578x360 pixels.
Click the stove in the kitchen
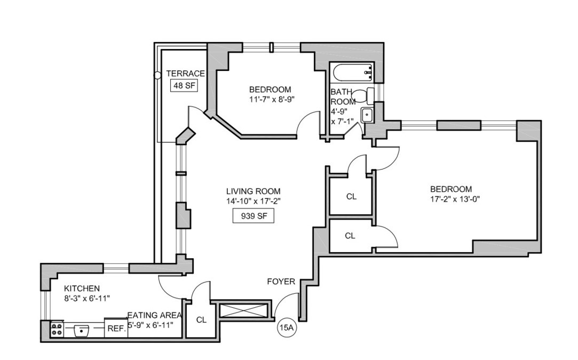click(x=57, y=329)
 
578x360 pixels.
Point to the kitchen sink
click(x=82, y=330)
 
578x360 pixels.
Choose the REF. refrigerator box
click(x=116, y=329)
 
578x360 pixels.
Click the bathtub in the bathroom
click(x=352, y=70)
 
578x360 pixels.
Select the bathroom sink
click(x=367, y=115)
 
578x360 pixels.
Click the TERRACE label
click(x=185, y=74)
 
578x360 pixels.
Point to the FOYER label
click(x=281, y=281)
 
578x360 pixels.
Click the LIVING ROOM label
click(x=253, y=191)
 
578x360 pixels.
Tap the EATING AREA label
click(x=155, y=315)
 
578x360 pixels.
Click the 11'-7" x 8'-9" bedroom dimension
click(x=272, y=99)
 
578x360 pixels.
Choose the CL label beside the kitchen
click(x=201, y=320)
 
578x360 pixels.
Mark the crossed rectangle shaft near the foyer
click(x=243, y=310)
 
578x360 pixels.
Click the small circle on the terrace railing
click(x=157, y=76)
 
